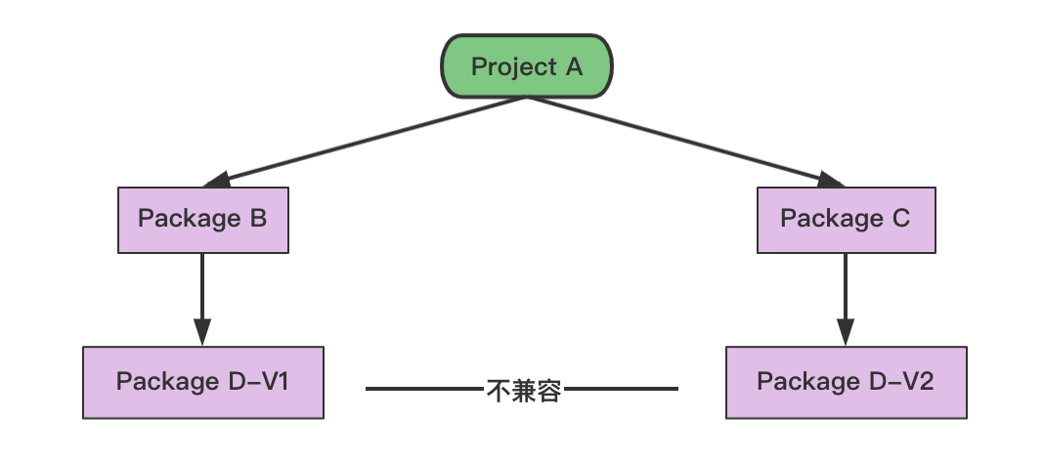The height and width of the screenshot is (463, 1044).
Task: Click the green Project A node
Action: click(x=527, y=66)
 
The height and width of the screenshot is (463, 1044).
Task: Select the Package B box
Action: click(x=202, y=219)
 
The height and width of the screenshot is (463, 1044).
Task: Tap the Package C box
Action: click(x=846, y=219)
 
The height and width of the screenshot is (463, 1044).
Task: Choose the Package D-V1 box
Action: click(x=202, y=381)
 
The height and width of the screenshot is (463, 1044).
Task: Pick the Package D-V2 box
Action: click(x=846, y=381)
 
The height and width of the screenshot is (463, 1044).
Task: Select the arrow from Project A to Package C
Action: click(x=684, y=138)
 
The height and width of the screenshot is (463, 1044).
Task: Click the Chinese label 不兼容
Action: click(x=523, y=391)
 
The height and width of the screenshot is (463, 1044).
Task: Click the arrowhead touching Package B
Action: click(x=215, y=179)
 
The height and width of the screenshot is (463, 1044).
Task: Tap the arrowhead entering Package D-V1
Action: click(x=202, y=332)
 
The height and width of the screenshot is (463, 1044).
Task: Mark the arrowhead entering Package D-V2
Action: click(x=846, y=332)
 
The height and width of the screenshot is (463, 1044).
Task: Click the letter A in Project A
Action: click(x=574, y=67)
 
